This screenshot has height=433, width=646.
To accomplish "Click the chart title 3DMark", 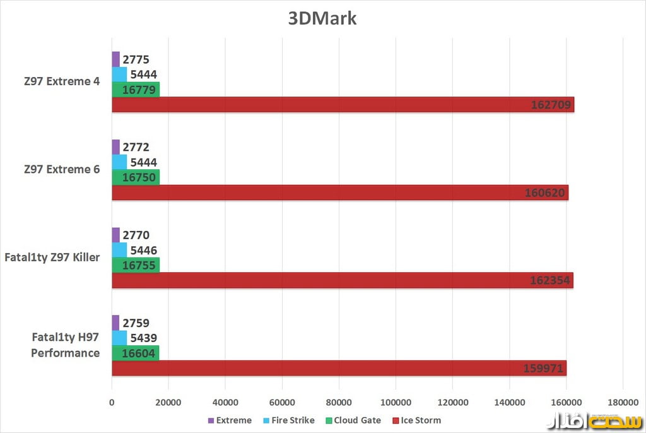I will (322, 18).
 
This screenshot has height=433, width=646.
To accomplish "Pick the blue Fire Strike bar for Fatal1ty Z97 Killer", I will (119, 250).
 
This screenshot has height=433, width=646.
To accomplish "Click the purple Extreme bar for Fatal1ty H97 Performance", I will (115, 323).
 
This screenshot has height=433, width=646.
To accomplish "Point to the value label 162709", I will (551, 105).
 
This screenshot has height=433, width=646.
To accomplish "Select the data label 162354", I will (551, 280).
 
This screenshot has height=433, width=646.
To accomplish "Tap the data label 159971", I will (543, 368).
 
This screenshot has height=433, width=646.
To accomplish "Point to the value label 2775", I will (136, 60).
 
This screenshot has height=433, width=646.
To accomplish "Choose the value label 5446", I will (143, 251).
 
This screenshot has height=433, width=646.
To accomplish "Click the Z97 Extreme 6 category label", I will (62, 169).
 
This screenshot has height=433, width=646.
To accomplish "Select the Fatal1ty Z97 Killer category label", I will (52, 257).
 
